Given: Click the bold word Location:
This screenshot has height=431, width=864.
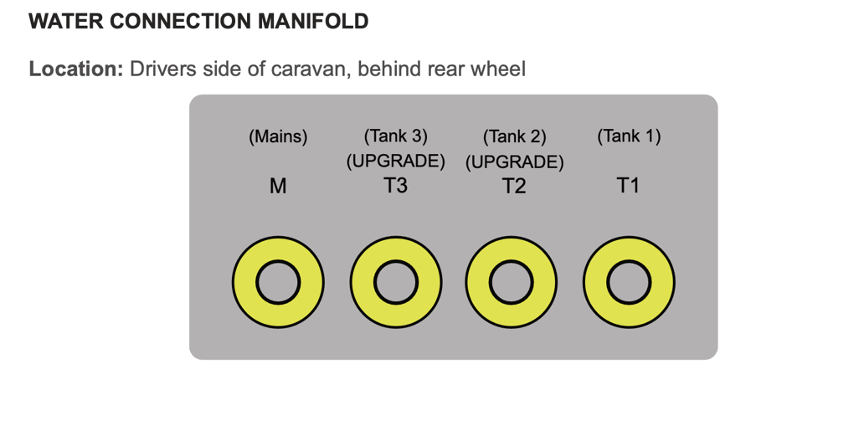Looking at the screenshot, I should (76, 69).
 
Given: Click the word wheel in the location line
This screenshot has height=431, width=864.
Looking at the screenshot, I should (498, 69).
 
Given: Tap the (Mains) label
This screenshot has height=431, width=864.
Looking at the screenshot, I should (278, 137).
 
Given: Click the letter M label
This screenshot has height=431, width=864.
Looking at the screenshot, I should (278, 187).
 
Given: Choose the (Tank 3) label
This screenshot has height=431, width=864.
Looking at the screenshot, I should (395, 136).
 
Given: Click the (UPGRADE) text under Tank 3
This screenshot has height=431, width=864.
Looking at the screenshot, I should (395, 161).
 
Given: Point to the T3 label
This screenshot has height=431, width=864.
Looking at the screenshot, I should (395, 186).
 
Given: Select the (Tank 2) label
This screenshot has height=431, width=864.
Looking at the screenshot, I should (514, 137).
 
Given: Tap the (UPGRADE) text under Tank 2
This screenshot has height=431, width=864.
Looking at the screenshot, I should (514, 162).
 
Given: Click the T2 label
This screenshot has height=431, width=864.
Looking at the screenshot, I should (514, 187).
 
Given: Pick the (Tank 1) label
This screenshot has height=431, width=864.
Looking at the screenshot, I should (629, 136).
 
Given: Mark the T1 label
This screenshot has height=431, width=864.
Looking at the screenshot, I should (628, 186).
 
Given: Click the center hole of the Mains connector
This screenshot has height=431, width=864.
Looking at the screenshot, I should (278, 283).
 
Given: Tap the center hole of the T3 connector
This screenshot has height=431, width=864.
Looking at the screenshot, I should (395, 283).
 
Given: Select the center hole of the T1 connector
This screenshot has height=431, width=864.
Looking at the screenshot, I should (629, 283).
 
